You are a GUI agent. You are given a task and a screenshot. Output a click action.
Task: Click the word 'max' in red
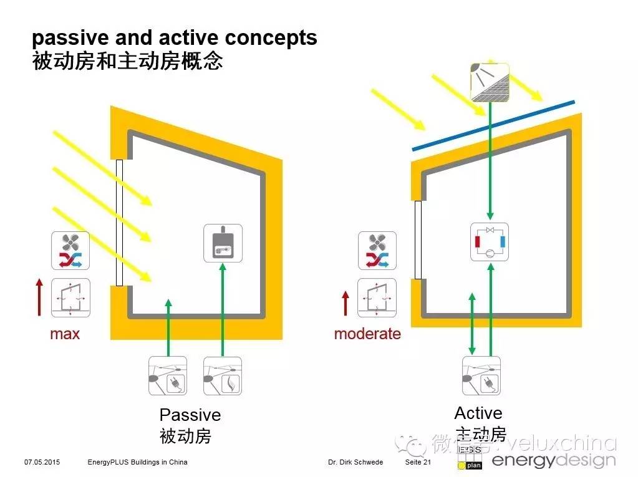[65, 334]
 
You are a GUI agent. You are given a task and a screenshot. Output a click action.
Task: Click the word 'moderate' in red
[367, 334]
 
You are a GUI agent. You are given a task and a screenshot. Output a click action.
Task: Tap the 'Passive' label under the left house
[190, 415]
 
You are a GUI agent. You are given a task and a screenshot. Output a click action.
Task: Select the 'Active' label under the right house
[478, 413]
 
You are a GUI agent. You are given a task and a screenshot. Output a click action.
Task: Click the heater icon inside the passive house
[223, 243]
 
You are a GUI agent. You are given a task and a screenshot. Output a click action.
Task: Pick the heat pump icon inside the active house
[490, 242]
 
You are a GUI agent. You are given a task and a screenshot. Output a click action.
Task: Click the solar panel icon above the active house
[490, 82]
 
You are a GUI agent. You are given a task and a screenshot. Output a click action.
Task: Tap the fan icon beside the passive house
[70, 251]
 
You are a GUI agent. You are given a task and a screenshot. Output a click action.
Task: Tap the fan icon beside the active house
[377, 251]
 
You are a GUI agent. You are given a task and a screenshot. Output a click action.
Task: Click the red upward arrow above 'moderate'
[346, 302]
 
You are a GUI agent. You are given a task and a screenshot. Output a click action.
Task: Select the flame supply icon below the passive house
[223, 376]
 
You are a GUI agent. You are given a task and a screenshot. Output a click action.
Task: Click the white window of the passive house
[119, 222]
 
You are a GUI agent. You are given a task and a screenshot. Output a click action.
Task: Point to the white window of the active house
[418, 239]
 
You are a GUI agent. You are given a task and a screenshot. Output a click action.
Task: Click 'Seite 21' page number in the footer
[418, 462]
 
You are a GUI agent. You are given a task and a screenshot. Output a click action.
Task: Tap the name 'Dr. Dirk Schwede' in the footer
[355, 462]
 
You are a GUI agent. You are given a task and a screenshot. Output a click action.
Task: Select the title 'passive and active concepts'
[175, 38]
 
